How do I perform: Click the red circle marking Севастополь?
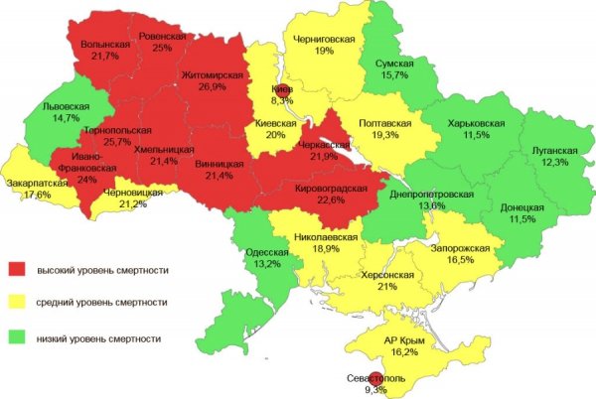[372, 377]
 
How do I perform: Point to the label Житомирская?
[213, 74]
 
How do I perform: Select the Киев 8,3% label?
[282, 94]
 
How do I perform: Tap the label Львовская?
[68, 106]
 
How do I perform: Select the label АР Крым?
[404, 340]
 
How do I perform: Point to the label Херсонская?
[387, 274]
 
